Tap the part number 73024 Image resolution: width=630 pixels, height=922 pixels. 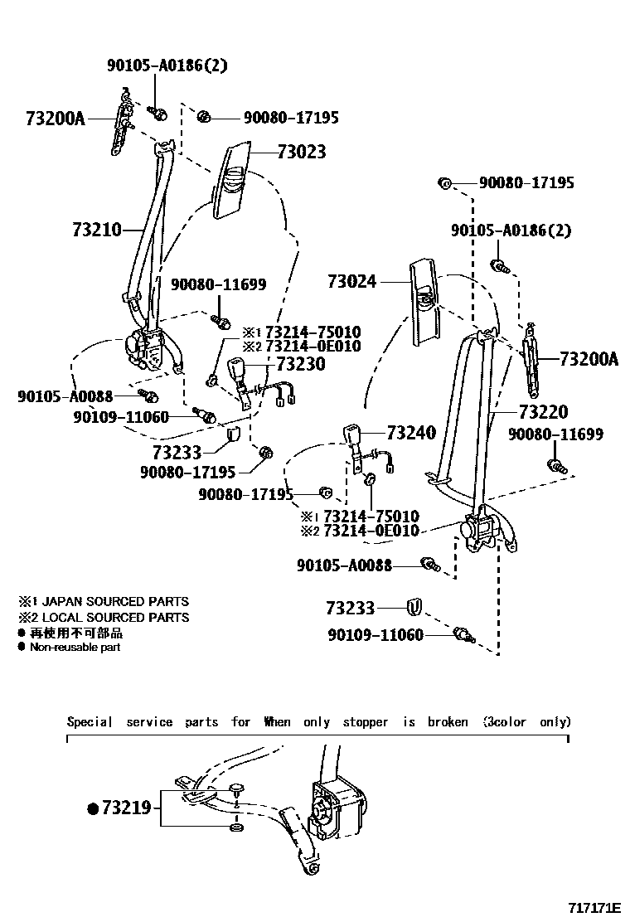[x=351, y=282]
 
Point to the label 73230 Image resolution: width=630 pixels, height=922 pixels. [x=300, y=364]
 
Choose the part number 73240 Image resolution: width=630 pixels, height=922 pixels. [x=411, y=432]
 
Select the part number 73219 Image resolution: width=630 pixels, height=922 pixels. [x=127, y=807]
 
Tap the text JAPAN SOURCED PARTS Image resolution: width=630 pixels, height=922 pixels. [x=115, y=601]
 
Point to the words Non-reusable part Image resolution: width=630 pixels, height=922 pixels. [x=75, y=647]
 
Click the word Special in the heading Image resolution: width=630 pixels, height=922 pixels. [x=90, y=721]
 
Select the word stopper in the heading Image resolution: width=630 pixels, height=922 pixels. [x=366, y=721]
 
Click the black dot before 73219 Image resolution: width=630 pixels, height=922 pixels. [x=93, y=808]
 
